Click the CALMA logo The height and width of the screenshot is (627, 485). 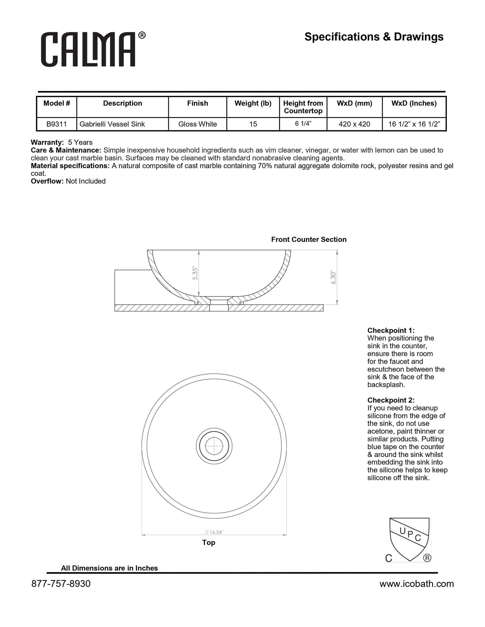93,49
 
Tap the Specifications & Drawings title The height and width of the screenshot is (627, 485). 374,37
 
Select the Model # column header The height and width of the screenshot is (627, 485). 57,103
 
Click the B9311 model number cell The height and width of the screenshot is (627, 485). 57,124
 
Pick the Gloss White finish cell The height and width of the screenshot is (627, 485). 197,124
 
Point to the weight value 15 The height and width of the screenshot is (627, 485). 253,124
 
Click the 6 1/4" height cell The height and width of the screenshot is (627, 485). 303,124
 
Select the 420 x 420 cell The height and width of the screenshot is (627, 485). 354,124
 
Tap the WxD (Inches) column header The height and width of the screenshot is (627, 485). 414,103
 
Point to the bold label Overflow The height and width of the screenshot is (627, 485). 47,181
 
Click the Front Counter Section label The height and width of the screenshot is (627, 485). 309,239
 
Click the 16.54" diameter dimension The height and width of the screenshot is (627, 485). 214,532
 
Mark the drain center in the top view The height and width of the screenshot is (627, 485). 214,446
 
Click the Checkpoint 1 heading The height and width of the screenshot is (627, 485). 391,330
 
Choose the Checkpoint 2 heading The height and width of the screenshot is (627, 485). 391,400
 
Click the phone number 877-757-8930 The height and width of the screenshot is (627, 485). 61,584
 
